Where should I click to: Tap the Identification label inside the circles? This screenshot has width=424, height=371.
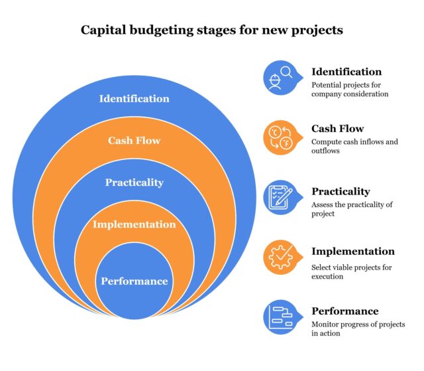(x=134, y=98)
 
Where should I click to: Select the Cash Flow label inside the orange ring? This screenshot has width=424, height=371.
(x=134, y=140)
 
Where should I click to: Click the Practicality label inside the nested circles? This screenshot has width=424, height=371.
(x=134, y=182)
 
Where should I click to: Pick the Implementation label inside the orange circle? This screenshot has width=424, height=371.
(x=134, y=224)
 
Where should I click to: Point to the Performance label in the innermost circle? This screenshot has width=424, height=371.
(x=134, y=281)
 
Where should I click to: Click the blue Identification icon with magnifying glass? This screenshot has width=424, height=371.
(x=280, y=77)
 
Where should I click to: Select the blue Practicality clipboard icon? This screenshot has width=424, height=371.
(x=280, y=197)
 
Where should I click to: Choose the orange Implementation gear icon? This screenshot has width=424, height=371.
(x=280, y=257)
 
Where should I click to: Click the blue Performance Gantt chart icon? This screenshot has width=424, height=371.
(x=280, y=317)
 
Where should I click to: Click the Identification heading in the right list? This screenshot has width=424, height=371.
(x=346, y=72)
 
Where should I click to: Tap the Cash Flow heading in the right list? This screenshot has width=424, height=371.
(x=337, y=129)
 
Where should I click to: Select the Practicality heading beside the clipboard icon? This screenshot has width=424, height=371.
(x=341, y=191)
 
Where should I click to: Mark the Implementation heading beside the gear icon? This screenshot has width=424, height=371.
(x=352, y=252)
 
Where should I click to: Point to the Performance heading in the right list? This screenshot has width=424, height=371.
(x=344, y=311)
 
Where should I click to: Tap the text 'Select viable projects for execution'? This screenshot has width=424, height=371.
(x=351, y=271)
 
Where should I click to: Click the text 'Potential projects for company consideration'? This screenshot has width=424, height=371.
(x=350, y=90)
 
